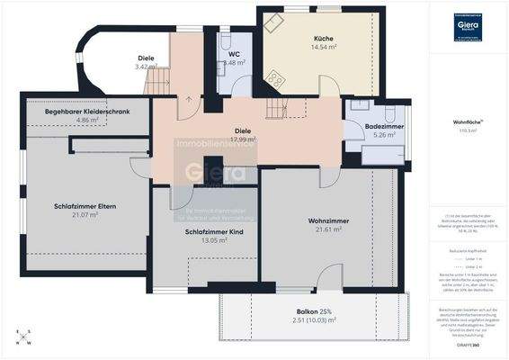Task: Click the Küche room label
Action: tap(324, 39)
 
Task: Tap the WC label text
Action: tap(234, 54)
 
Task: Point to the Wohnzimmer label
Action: tap(327, 220)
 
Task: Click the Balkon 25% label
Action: tap(308, 310)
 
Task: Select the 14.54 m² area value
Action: tap(324, 48)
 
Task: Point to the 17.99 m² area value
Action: tap(243, 139)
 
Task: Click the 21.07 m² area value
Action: tap(84, 215)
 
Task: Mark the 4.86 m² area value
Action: tap(88, 120)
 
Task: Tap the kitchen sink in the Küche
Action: tap(272, 19)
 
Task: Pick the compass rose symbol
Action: tap(23, 337)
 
